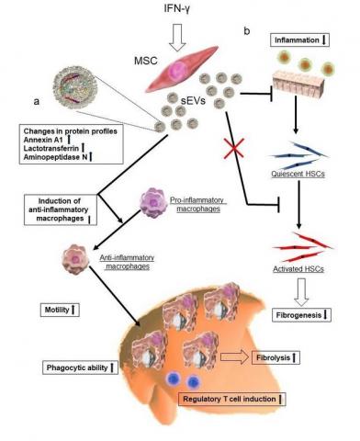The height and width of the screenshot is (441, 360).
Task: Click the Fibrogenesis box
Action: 298,315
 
